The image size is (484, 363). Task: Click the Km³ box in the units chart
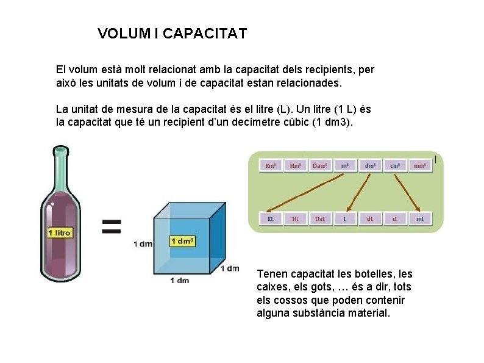click(x=271, y=165)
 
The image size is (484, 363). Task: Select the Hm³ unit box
click(x=296, y=165)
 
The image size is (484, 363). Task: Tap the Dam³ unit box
click(x=320, y=165)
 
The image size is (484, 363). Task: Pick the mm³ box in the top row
click(x=419, y=165)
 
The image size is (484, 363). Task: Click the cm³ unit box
click(x=395, y=165)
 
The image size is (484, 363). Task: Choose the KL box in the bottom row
click(x=271, y=218)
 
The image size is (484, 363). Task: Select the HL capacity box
click(x=296, y=218)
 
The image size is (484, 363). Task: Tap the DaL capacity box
click(x=320, y=218)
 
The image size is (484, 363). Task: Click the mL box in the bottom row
click(x=419, y=218)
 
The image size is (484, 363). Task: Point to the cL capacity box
click(x=395, y=218)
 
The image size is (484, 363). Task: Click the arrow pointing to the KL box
click(x=305, y=194)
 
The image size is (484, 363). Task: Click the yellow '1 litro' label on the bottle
click(x=60, y=232)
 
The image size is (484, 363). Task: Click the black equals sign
click(x=110, y=227)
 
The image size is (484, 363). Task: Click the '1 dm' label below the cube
click(x=179, y=280)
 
